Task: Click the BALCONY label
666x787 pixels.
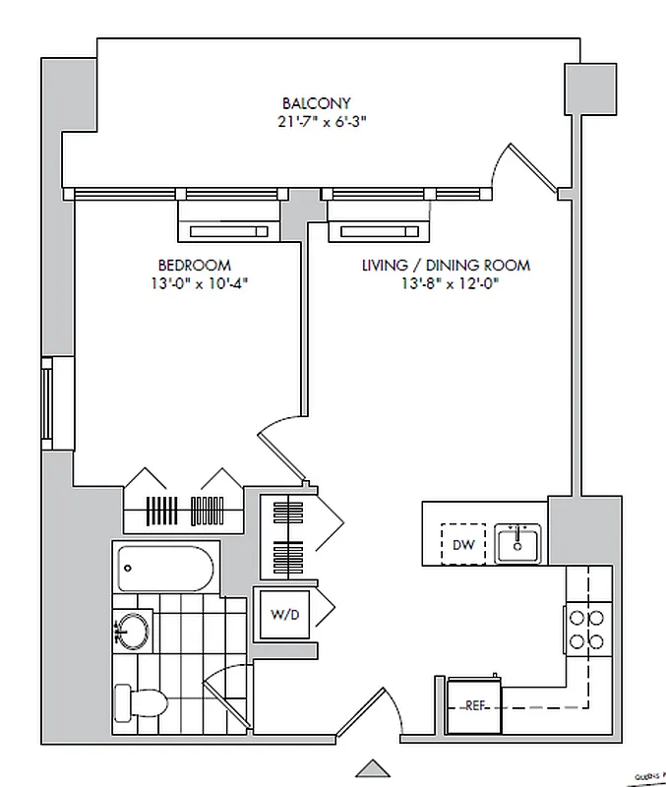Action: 316,103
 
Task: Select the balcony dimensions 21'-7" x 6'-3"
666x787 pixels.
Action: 316,122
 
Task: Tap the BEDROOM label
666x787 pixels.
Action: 194,266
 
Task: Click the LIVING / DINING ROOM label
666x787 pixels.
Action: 445,266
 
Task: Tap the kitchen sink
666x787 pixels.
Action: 516,542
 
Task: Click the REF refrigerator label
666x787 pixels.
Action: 475,704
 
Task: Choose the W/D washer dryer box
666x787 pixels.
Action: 284,615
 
